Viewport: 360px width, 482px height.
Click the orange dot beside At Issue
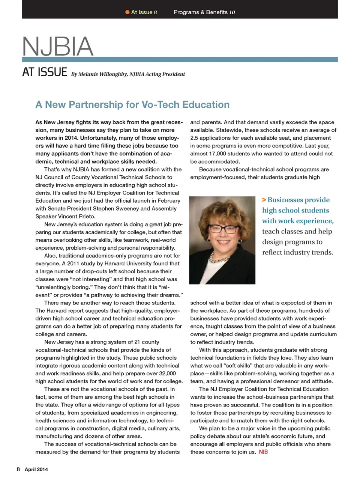pyautogui.click(x=127, y=12)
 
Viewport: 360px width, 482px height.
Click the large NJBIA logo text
pyautogui.click(x=57, y=47)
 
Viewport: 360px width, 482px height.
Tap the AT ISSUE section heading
pyautogui.click(x=45, y=72)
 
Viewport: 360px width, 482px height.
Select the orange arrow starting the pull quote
pyautogui.click(x=264, y=200)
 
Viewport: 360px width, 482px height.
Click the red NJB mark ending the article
pyautogui.click(x=263, y=452)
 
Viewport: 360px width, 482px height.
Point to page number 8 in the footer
pyautogui.click(x=18, y=469)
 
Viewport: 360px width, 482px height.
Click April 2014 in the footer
pyautogui.click(x=36, y=469)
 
